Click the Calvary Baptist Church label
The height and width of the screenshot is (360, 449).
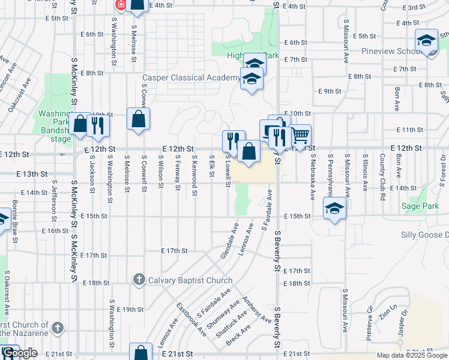click(190, 280)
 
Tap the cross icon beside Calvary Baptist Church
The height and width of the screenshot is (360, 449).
click(139, 280)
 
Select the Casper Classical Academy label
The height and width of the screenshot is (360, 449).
click(191, 78)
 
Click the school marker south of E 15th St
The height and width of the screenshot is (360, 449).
click(335, 209)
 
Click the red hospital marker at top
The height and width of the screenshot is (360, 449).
click(120, 4)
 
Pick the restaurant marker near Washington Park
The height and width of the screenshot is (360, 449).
click(97, 125)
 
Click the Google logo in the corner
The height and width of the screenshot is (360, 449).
click(20, 353)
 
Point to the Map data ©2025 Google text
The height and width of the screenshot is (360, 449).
click(412, 355)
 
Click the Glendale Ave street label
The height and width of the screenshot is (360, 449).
click(229, 241)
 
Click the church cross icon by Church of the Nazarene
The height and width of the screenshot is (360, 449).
click(57, 328)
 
